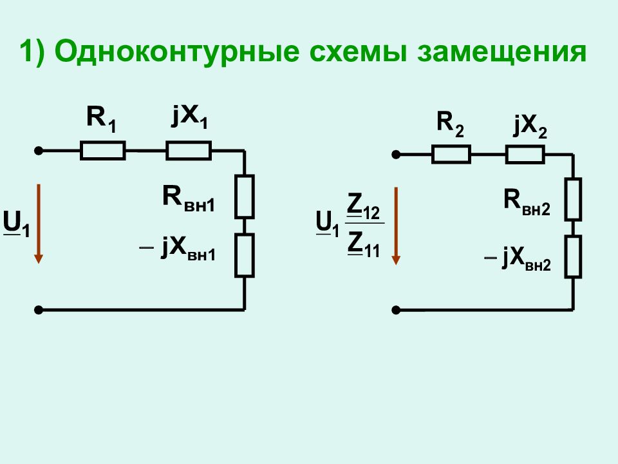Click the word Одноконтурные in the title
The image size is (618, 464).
pos(176,52)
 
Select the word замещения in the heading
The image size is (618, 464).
pos(502,52)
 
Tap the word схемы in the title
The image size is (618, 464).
pos(359,52)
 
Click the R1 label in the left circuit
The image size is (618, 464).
pos(101,120)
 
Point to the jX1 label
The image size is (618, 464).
pos(189,117)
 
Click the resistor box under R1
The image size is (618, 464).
pos(103,150)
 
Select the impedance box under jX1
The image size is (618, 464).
pos(189,150)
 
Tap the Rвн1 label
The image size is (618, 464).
pos(189,199)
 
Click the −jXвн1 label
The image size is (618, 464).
pos(178,249)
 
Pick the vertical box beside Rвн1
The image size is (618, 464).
pos(245,197)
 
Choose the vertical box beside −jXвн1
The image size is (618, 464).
pos(245,255)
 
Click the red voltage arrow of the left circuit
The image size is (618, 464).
pos(38,224)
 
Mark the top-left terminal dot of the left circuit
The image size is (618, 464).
pos(38,151)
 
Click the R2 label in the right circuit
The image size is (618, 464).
pos(450,124)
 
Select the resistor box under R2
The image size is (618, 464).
pos(451,154)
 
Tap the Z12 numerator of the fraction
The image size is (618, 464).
pos(363,207)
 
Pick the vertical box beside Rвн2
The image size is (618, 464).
pos(573,199)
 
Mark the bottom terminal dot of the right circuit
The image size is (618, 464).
pos(396,310)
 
